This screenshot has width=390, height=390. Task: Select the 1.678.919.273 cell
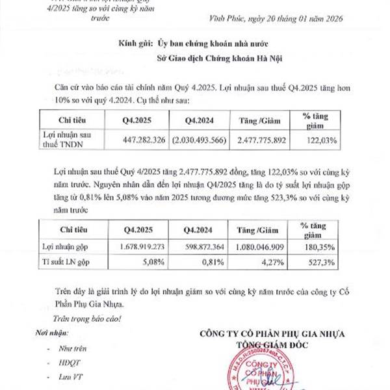144,248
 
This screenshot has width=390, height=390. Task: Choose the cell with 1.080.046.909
261,248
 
